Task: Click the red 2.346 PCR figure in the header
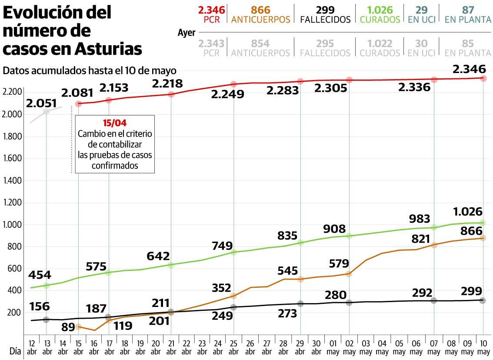click(211, 10)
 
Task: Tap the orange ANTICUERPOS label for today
click(260, 20)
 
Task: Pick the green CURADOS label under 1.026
click(380, 20)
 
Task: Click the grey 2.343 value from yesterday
click(211, 43)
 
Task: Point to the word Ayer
click(187, 33)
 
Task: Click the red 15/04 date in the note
click(114, 123)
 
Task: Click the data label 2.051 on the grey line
click(41, 103)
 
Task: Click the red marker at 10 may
click(483, 78)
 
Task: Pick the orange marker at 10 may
click(483, 238)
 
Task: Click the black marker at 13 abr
click(46, 320)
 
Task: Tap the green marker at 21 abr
click(171, 265)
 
